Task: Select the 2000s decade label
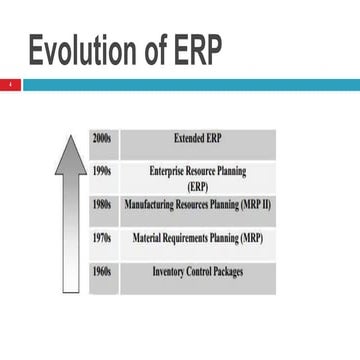tap(102, 137)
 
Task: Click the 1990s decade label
tap(102, 172)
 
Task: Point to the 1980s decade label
tap(102, 205)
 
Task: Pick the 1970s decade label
tap(102, 239)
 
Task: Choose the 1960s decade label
tap(102, 272)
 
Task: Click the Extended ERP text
tap(197, 137)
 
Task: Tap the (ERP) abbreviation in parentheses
tap(197, 187)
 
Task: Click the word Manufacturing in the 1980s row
tap(149, 205)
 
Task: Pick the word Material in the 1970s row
tap(147, 239)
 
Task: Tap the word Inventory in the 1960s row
tap(170, 272)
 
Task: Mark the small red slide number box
tap(10, 86)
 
